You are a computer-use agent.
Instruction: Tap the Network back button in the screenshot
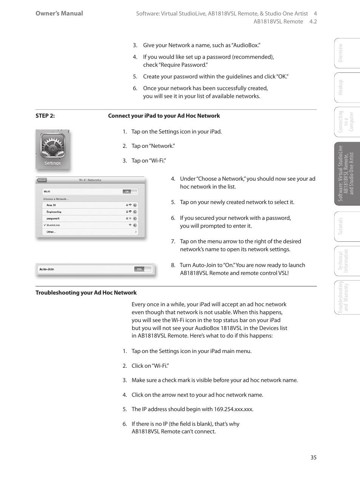(42, 180)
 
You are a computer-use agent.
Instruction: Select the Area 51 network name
(51, 205)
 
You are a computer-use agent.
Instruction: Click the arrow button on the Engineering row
(135, 212)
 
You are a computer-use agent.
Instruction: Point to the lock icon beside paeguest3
(127, 218)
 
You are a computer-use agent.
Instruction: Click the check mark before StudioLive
(45, 225)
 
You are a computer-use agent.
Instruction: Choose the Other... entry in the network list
(51, 232)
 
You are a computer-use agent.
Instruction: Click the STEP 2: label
(45, 116)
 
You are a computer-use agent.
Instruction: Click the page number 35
(313, 457)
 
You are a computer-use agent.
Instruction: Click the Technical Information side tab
(343, 261)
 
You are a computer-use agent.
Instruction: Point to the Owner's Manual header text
(59, 13)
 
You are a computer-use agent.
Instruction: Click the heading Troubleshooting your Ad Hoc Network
(86, 293)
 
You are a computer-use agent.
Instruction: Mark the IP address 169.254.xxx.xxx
(233, 409)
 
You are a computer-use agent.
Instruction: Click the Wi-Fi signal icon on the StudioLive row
(130, 225)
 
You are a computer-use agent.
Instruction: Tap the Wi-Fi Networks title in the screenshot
(90, 180)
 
